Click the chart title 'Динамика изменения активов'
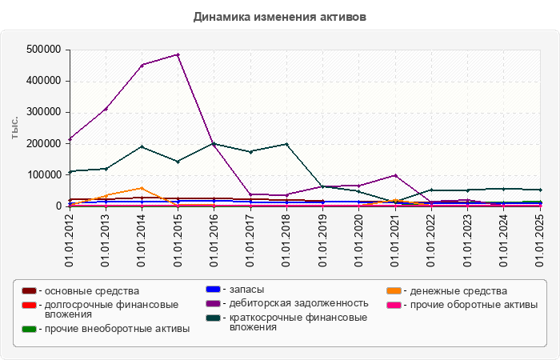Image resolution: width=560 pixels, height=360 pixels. pyautogui.click(x=280, y=17)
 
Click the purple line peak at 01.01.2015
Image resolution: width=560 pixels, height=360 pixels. pyautogui.click(x=178, y=54)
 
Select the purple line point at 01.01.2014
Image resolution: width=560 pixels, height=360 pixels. pyautogui.click(x=142, y=65)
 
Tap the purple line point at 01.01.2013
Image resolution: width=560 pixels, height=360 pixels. pyautogui.click(x=106, y=109)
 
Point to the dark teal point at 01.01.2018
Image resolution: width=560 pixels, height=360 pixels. pyautogui.click(x=286, y=144)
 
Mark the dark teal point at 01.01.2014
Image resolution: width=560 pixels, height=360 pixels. pyautogui.click(x=142, y=146)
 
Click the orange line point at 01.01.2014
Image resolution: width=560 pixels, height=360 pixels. pyautogui.click(x=142, y=188)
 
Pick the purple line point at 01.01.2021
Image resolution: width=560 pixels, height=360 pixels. pyautogui.click(x=395, y=175)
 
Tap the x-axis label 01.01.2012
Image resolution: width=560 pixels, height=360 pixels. pyautogui.click(x=70, y=239)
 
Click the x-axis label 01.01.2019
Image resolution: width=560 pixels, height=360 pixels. pyautogui.click(x=322, y=239)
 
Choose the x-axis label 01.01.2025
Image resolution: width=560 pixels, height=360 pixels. pyautogui.click(x=539, y=239)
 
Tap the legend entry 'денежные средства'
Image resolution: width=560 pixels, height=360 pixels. pyautogui.click(x=455, y=290)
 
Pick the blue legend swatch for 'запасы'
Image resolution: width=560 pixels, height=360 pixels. pyautogui.click(x=213, y=289)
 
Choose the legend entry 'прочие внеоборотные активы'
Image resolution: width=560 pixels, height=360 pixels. pyautogui.click(x=117, y=329)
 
